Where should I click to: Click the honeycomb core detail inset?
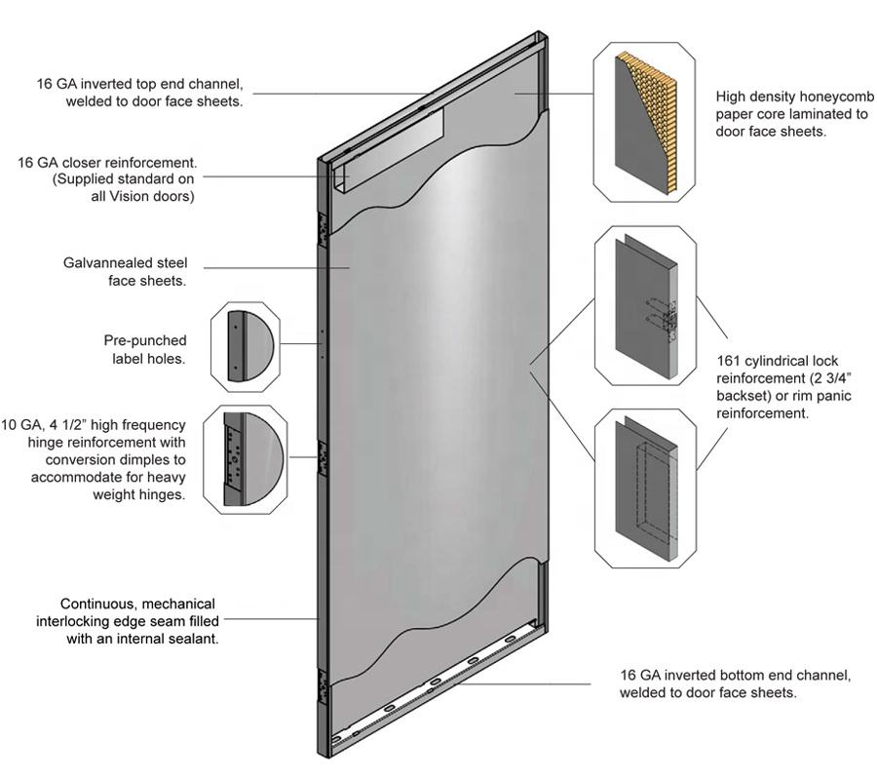[x=645, y=124]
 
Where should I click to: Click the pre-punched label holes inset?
[x=244, y=346]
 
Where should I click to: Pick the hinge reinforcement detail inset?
[x=244, y=458]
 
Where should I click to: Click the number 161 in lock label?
[x=728, y=360]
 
